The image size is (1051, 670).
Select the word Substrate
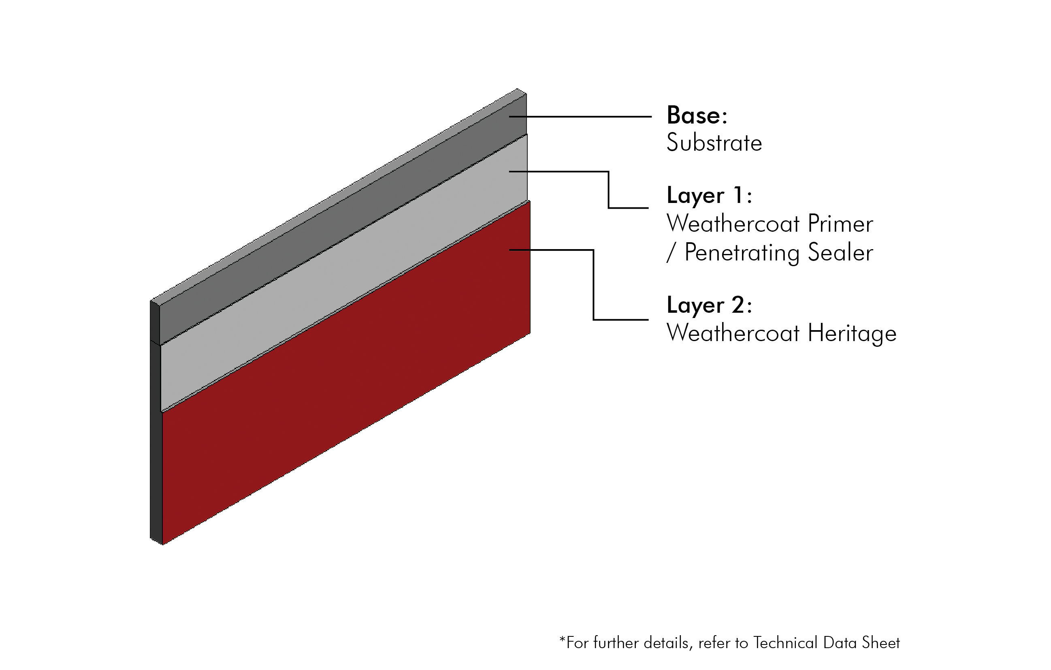coord(714,143)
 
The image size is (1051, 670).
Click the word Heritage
coord(852,334)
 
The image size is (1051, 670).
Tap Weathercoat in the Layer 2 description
coord(733,333)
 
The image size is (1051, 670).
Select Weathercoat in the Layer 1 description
coord(733,224)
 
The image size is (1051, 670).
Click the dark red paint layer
coord(346,373)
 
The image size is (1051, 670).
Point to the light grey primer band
coord(344,273)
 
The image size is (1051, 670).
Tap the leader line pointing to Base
coord(580,117)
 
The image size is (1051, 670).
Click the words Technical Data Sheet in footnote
coord(826,643)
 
